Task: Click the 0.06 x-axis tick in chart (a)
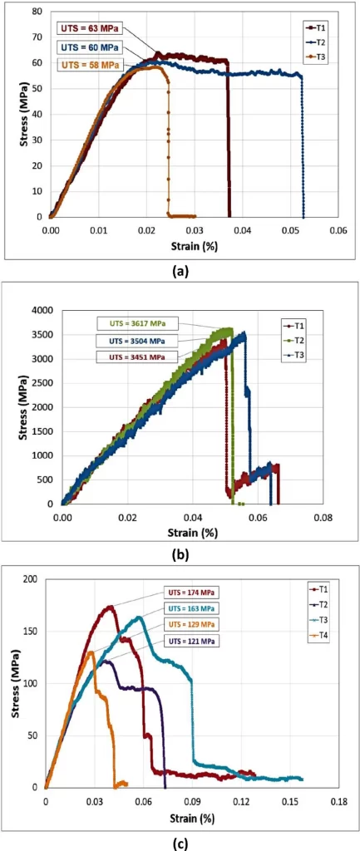coord(338,229)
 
